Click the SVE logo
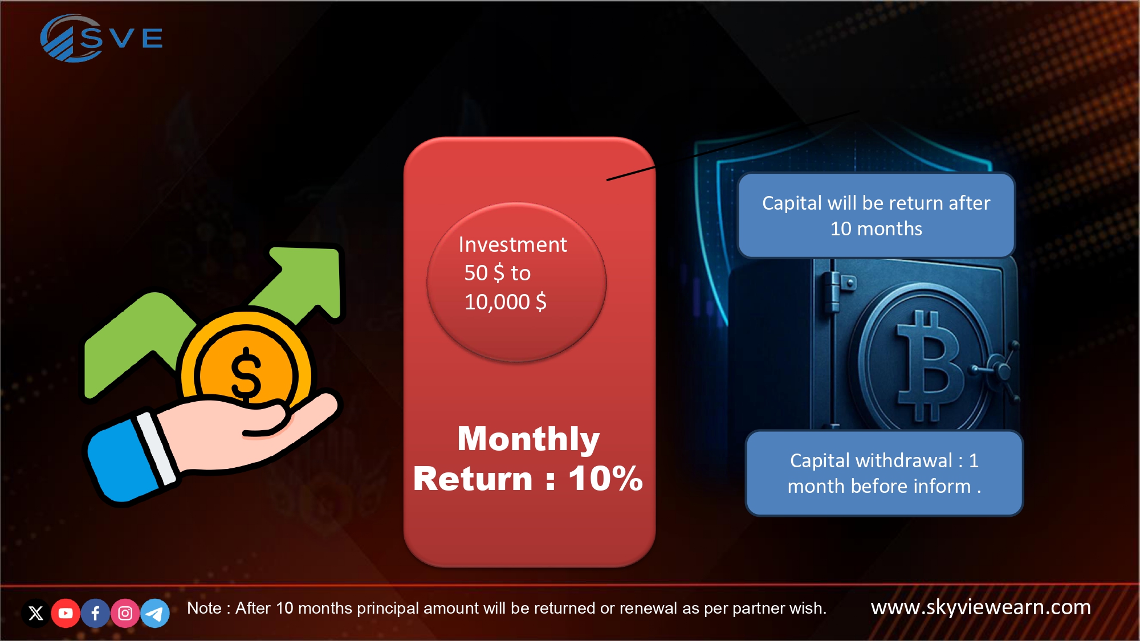point(101,38)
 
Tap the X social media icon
point(36,613)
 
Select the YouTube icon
point(66,613)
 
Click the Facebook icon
point(95,613)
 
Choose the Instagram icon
point(125,613)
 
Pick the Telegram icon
point(154,613)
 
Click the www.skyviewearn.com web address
point(981,607)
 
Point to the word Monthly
point(528,439)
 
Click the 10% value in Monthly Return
point(606,478)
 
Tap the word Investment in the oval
point(512,244)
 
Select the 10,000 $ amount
point(506,301)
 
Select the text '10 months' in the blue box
point(876,228)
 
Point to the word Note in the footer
point(204,608)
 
